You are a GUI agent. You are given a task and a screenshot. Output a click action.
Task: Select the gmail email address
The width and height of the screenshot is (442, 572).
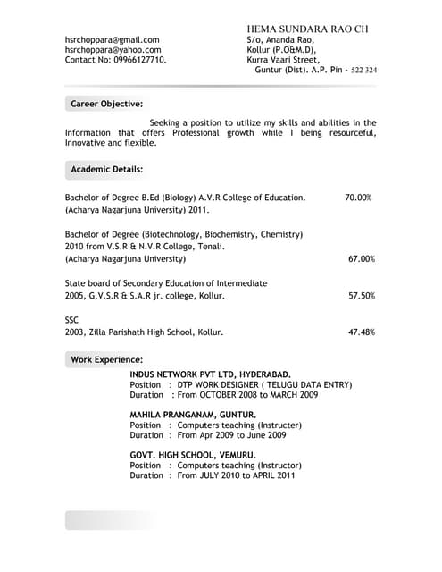(112, 39)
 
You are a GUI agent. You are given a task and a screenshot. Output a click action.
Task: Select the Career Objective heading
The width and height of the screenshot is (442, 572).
(106, 105)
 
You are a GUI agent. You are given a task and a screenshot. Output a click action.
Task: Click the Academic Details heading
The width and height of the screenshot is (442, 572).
(106, 168)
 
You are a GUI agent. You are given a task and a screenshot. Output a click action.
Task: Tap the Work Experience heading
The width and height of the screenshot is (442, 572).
(106, 359)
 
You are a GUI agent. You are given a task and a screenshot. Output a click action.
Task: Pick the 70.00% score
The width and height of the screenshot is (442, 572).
(358, 198)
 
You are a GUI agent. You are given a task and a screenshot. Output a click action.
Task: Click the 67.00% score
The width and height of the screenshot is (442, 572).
(361, 259)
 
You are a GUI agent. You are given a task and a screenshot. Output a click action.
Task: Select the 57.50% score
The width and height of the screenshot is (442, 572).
(361, 295)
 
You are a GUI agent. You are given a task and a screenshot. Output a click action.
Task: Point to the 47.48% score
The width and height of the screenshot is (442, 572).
(361, 332)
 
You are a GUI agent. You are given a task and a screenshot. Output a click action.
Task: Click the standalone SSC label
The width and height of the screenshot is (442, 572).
(72, 319)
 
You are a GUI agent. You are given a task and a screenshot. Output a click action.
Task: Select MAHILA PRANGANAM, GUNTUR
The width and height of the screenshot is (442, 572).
(193, 415)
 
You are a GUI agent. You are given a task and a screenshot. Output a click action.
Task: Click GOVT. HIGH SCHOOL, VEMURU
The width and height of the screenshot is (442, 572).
(193, 455)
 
